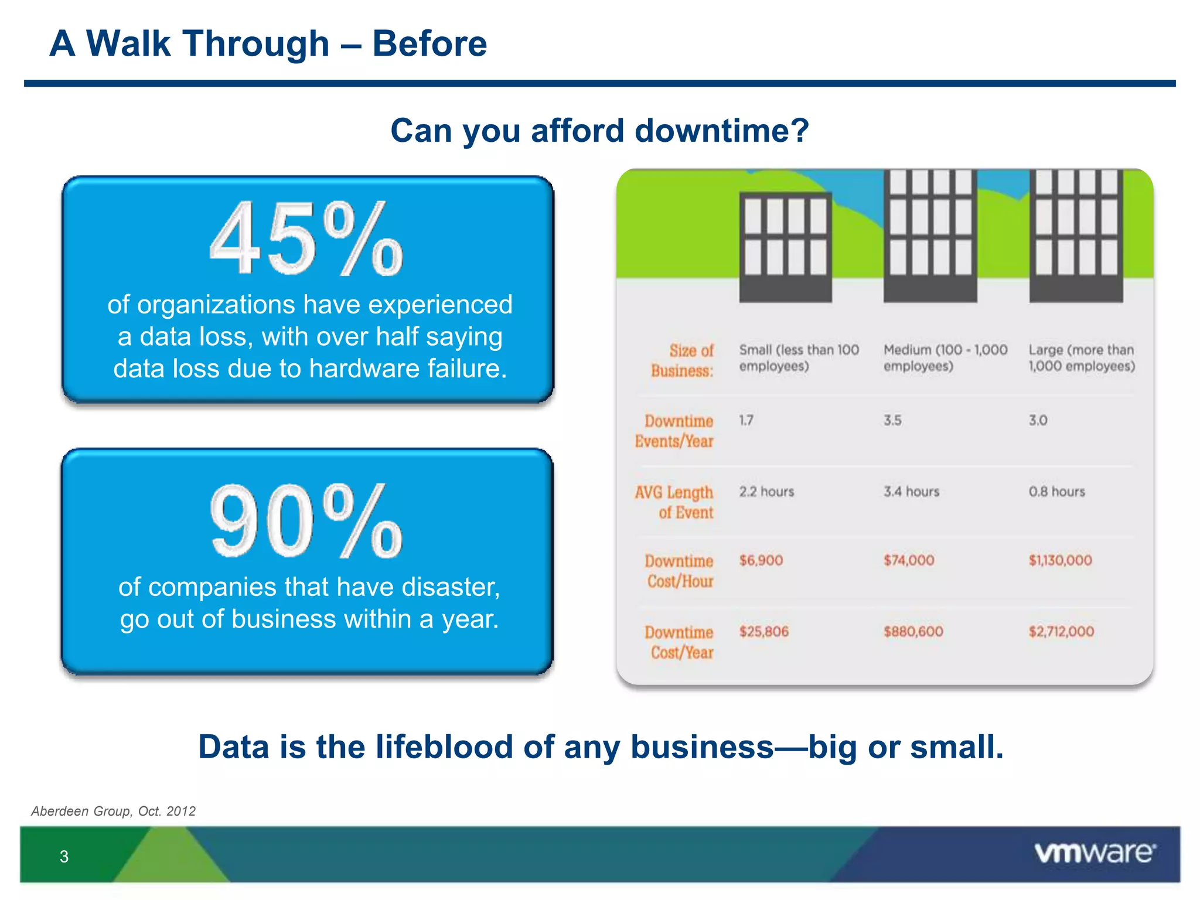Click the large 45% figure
(x=306, y=238)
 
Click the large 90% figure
(x=306, y=521)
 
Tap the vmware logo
(x=1095, y=853)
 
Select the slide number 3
(x=64, y=857)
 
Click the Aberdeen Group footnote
(x=113, y=811)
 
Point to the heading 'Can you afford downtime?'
(x=599, y=130)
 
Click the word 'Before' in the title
(x=429, y=44)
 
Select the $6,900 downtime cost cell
(x=761, y=560)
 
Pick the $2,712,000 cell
(x=1061, y=632)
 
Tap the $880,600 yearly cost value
(x=913, y=632)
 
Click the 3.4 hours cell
(x=911, y=492)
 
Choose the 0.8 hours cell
(x=1056, y=492)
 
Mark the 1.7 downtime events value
(x=746, y=420)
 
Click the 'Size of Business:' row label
(x=683, y=360)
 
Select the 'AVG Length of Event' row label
(x=675, y=502)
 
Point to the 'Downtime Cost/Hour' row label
(x=680, y=571)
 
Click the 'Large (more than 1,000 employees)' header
(x=1082, y=358)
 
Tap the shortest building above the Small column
(x=785, y=247)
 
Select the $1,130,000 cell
(x=1060, y=560)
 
